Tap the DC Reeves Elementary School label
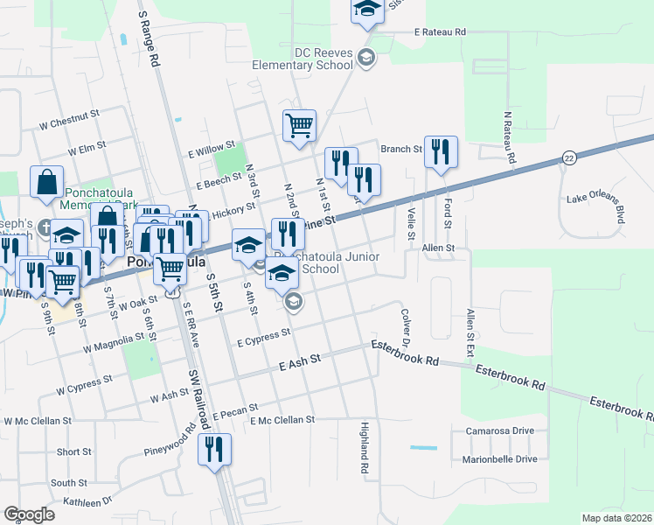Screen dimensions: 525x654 302,59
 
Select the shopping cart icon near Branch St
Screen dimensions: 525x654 299,126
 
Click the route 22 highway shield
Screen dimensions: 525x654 569,157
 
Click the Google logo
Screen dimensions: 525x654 29,514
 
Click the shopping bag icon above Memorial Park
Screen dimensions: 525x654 47,183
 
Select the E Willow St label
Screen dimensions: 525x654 212,150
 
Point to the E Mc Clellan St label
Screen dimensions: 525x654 282,420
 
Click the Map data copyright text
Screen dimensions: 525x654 617,518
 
